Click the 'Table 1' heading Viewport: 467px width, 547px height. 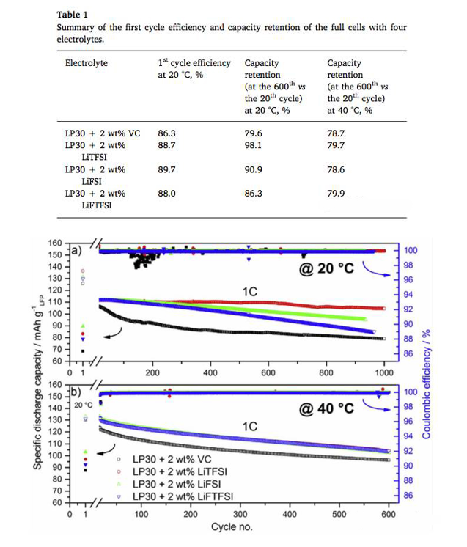(x=72, y=14)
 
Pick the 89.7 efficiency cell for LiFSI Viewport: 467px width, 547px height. (x=168, y=169)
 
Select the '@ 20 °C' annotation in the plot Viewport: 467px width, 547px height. (x=326, y=268)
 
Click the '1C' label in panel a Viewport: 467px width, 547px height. (x=249, y=291)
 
